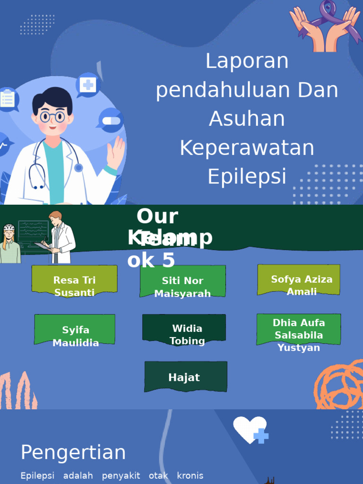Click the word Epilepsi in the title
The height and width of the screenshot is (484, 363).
247,176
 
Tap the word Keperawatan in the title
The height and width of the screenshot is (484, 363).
247,148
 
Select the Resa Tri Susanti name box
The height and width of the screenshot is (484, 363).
74,281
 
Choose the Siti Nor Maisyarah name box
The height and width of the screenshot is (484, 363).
182,281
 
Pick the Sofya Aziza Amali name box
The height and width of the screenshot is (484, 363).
299,280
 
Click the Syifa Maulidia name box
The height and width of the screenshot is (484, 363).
75,329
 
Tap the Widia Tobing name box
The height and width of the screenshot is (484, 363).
184,328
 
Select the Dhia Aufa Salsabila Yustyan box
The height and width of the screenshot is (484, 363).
299,329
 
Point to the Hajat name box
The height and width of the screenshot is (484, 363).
185,377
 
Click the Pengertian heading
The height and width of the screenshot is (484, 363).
73,452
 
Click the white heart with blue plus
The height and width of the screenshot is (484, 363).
250,430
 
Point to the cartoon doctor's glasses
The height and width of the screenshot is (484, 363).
52,116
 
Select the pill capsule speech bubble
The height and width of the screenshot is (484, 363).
111,121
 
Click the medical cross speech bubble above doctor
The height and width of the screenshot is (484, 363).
88,85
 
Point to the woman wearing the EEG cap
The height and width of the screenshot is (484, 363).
9,244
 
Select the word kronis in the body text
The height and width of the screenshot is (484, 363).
190,475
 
